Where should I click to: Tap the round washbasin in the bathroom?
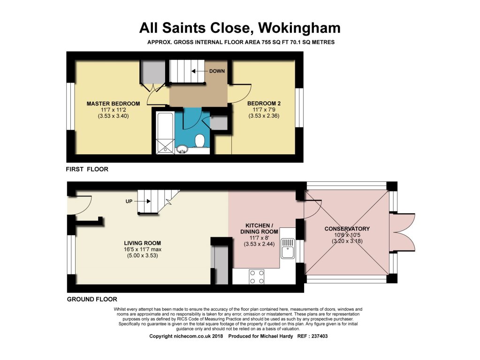182,150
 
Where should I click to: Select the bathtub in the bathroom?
165,133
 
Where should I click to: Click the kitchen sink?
288,248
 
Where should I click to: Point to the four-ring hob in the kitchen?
257,277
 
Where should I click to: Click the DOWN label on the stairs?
217,71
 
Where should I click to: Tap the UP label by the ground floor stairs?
129,201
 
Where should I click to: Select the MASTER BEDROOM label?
113,104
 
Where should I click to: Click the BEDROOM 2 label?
264,104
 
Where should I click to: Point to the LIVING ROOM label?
142,243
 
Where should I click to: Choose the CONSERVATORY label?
347,229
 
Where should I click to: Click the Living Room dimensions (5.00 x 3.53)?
142,255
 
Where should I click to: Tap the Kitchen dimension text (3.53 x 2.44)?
259,244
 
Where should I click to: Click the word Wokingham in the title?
299,28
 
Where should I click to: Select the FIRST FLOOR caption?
87,169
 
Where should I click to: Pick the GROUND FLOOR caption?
92,299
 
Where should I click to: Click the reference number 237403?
319,336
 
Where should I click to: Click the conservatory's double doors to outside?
402,232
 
